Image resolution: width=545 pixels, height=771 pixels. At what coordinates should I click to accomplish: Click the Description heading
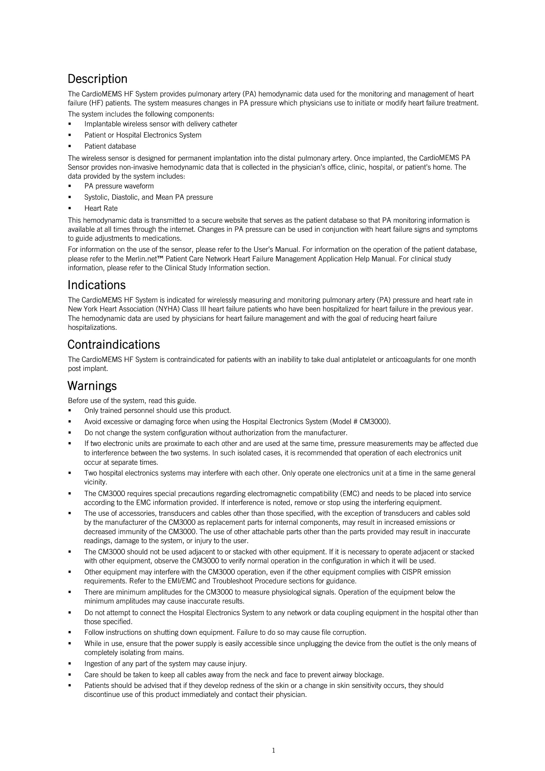pyautogui.click(x=97, y=79)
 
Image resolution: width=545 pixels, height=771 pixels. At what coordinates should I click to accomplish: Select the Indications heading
pyautogui.click(x=96, y=285)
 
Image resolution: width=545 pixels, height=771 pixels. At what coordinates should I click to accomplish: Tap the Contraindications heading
pyautogui.click(x=114, y=344)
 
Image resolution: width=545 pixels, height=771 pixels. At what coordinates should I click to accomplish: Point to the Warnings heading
pyautogui.click(x=92, y=385)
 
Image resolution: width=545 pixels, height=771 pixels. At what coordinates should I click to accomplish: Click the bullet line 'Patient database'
pyautogui.click(x=110, y=146)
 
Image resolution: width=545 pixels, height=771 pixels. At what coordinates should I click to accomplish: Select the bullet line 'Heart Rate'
pyautogui.click(x=101, y=208)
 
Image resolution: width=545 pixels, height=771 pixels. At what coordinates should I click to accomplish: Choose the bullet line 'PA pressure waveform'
pyautogui.click(x=119, y=186)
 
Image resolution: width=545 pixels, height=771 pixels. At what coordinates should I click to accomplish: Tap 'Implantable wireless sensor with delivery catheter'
pyautogui.click(x=161, y=124)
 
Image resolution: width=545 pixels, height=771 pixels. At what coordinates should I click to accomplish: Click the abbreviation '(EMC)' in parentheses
pyautogui.click(x=350, y=493)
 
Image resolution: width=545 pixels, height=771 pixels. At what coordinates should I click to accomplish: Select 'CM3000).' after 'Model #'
pyautogui.click(x=375, y=421)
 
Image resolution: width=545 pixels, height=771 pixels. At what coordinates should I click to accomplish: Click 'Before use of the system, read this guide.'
pyautogui.click(x=132, y=400)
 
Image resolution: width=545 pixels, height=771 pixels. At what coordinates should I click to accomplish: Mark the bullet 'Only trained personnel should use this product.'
pyautogui.click(x=157, y=410)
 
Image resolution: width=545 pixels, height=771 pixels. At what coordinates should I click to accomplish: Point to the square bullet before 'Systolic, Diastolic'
pyautogui.click(x=69, y=197)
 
